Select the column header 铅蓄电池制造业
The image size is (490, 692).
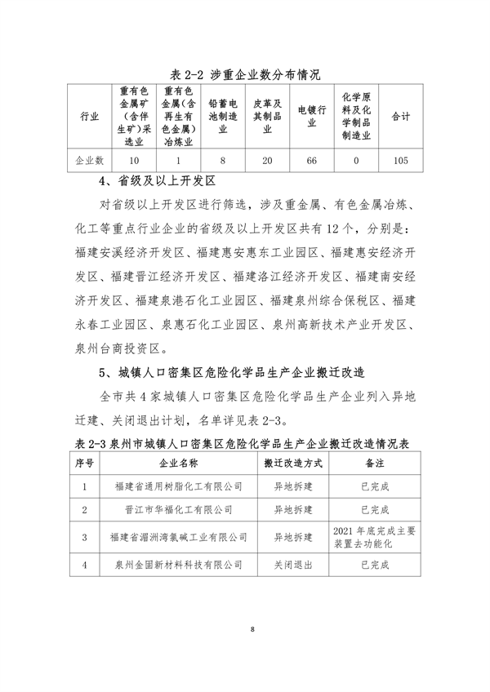(x=222, y=117)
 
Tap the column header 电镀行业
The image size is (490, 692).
(x=311, y=117)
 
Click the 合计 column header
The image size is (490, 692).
(x=400, y=117)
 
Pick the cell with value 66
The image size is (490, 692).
(x=311, y=160)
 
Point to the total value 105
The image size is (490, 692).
(x=400, y=160)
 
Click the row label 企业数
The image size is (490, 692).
(x=89, y=160)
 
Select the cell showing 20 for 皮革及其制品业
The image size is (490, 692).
(x=267, y=160)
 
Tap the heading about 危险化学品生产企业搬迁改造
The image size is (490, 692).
(x=231, y=373)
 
